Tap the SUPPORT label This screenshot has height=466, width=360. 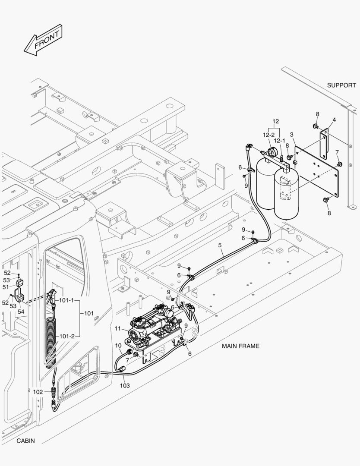(341, 85)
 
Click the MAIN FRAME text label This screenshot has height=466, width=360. (240, 346)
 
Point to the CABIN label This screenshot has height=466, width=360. (25, 441)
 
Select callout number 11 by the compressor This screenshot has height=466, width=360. (117, 329)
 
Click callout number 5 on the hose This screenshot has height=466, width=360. (220, 246)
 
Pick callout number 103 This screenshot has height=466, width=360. (124, 385)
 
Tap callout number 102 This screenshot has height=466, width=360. (38, 392)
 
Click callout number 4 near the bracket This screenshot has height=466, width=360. (334, 120)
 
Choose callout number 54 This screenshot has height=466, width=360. (21, 312)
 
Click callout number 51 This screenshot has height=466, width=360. (6, 287)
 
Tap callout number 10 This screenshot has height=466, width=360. (118, 345)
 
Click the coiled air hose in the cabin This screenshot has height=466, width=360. (51, 341)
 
